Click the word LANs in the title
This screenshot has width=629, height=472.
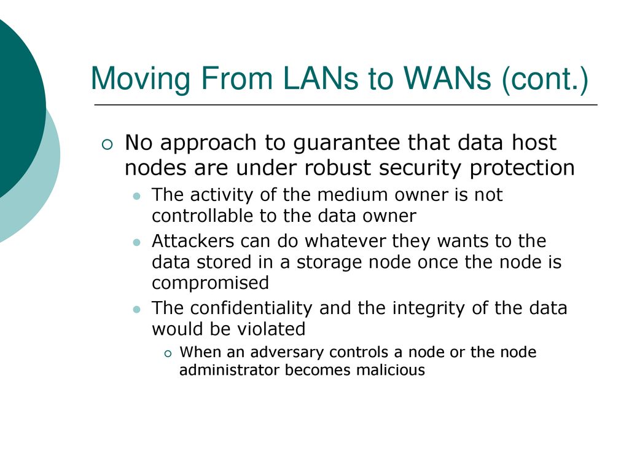pos(320,78)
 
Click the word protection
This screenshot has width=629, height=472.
pos(522,168)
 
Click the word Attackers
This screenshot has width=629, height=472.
pos(192,241)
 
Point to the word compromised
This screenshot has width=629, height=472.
pos(210,283)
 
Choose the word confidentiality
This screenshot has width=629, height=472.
pos(251,309)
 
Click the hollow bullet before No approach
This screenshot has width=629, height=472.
pos(107,144)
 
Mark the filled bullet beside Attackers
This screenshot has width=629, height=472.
pos(137,242)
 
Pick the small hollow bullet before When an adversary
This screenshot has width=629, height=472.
pos(168,353)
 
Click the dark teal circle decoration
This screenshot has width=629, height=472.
pos(16,104)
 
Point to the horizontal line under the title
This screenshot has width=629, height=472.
pos(346,104)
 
